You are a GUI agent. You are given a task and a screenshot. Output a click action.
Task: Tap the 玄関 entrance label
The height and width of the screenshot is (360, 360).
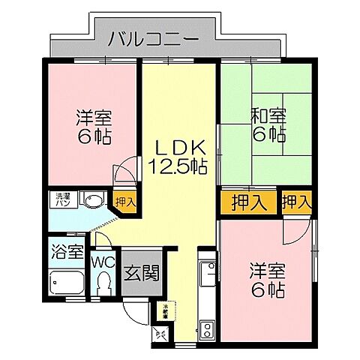140,273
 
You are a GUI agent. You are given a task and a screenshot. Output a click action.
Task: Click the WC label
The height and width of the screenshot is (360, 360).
103,262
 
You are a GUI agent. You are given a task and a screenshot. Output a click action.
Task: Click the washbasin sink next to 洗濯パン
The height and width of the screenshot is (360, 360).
94,200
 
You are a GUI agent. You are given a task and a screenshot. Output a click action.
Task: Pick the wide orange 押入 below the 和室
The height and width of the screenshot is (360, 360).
247,202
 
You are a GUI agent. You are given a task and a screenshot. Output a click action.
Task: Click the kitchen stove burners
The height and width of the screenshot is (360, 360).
206,328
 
